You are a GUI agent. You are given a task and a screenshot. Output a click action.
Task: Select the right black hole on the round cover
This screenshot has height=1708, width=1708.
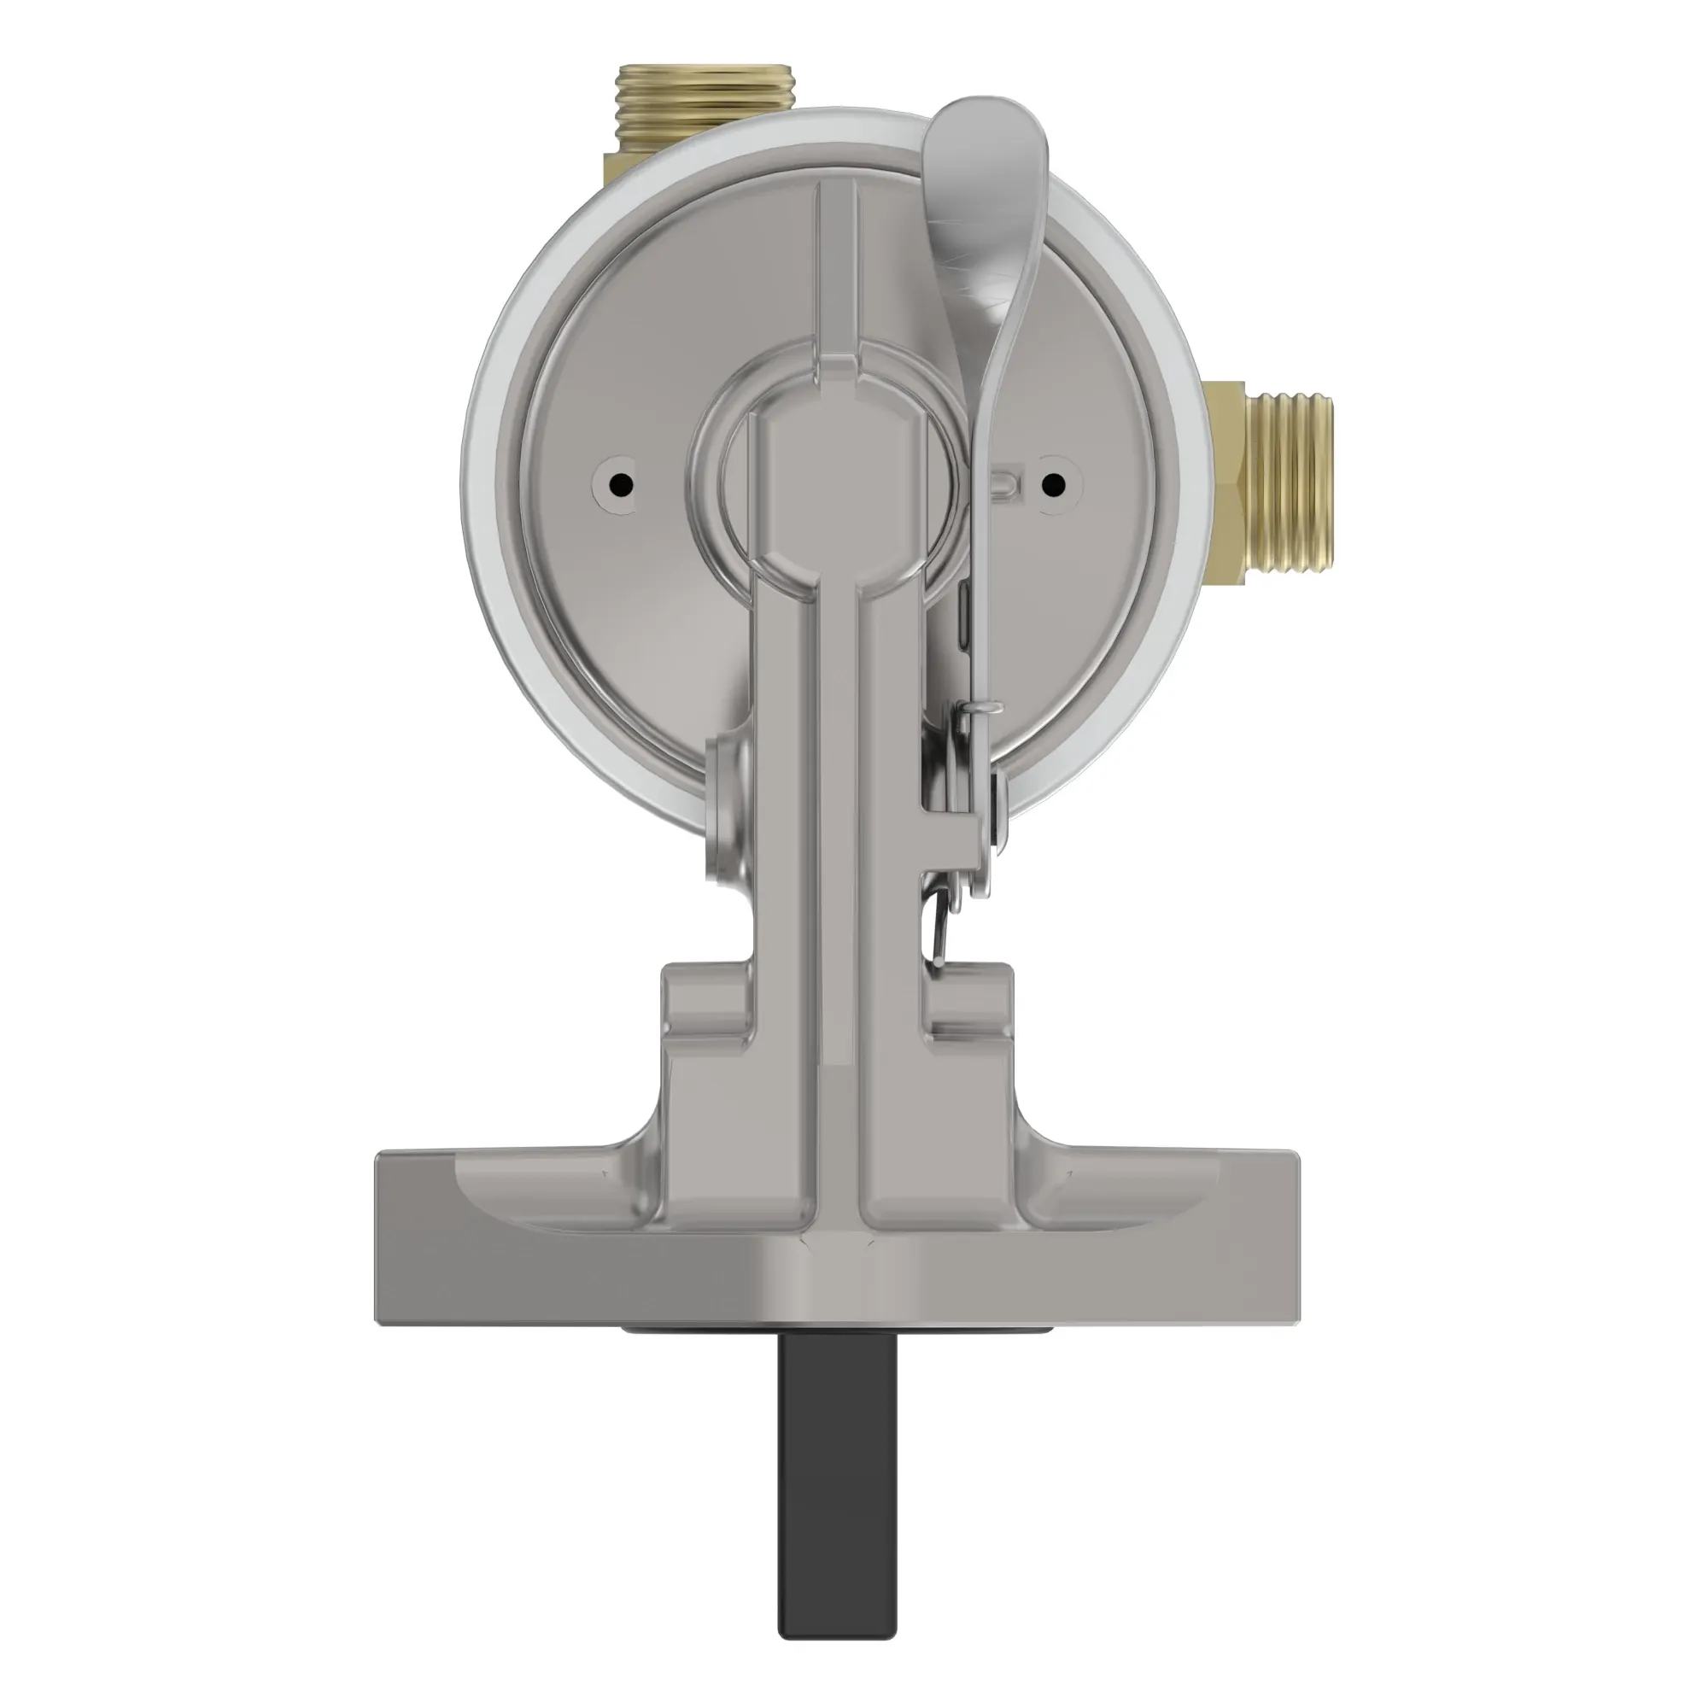[1052, 483]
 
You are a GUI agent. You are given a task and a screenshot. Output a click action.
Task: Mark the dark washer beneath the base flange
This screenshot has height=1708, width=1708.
[831, 1354]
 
